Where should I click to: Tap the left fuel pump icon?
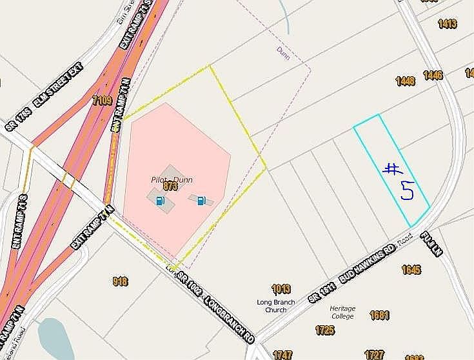click(x=160, y=201)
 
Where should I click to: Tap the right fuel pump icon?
click(x=202, y=201)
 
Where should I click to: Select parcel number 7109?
click(x=102, y=101)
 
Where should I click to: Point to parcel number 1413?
click(x=447, y=24)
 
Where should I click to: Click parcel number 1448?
click(x=405, y=81)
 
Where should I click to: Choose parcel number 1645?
click(x=411, y=269)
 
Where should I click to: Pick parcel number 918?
click(x=120, y=281)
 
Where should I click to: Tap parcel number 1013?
click(x=281, y=288)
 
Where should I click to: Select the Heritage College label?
click(x=342, y=312)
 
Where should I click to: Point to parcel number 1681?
click(x=380, y=315)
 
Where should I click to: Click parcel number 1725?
click(x=325, y=330)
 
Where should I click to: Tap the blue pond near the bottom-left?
click(x=52, y=339)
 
